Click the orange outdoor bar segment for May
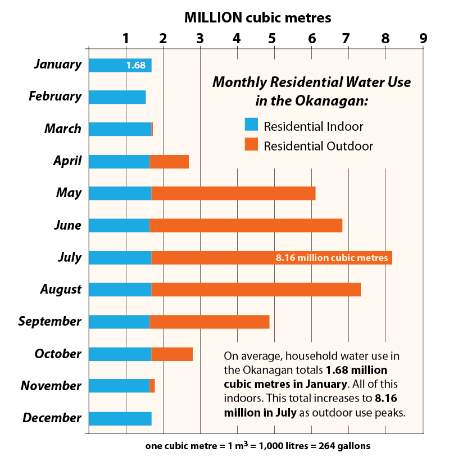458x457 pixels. pyautogui.click(x=233, y=193)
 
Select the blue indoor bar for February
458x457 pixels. pyautogui.click(x=117, y=97)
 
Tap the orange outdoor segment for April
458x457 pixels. pyautogui.click(x=169, y=161)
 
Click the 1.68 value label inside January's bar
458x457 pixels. pyautogui.click(x=135, y=65)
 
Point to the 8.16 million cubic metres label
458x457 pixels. pyautogui.click(x=332, y=258)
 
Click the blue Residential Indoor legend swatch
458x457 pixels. pyautogui.click(x=251, y=125)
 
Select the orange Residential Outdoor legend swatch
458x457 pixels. pyautogui.click(x=251, y=145)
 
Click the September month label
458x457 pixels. pyautogui.click(x=49, y=322)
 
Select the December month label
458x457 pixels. pyautogui.click(x=52, y=418)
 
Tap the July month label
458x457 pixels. pyautogui.click(x=69, y=258)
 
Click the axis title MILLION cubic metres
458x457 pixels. pyautogui.click(x=257, y=17)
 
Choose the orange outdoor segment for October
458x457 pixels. pyautogui.click(x=172, y=354)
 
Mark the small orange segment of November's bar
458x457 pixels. pyautogui.click(x=152, y=386)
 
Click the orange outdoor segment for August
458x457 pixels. pyautogui.click(x=256, y=290)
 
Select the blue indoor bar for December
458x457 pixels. pyautogui.click(x=120, y=419)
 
